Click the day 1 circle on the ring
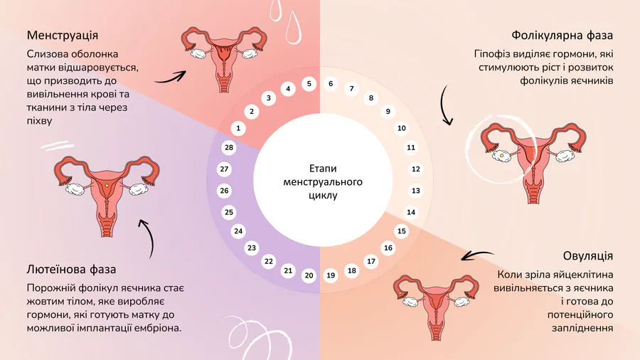238,128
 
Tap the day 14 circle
410,212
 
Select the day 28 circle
228,148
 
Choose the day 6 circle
331,84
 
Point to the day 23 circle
251,248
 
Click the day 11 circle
410,148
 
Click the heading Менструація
63,35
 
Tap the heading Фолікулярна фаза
562,35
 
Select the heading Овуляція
587,255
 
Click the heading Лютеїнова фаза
72,270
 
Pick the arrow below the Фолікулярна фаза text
446,107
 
